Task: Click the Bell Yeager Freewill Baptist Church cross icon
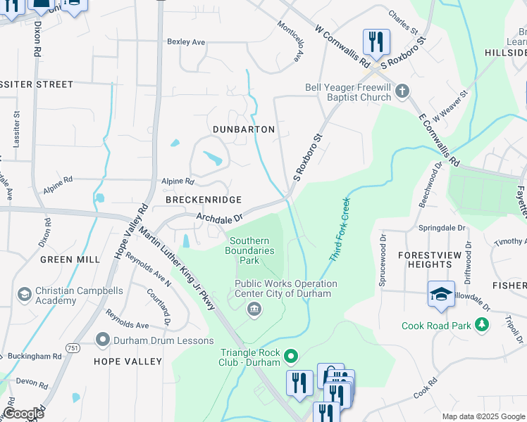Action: (402, 91)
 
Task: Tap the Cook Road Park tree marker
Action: (482, 325)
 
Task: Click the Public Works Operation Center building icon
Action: (253, 308)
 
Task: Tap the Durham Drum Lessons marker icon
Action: (102, 340)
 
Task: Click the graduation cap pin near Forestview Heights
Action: (441, 293)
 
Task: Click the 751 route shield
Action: (77, 347)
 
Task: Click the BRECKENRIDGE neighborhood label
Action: (204, 200)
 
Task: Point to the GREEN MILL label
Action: (70, 260)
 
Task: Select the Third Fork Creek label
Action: (340, 229)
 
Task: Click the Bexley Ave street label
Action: (186, 42)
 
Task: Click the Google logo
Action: (24, 414)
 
